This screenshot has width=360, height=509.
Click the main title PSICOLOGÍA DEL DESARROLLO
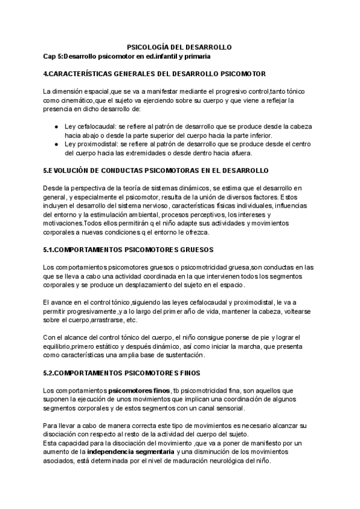tap(180, 47)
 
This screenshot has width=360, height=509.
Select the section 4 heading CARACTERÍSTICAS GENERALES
tap(155, 74)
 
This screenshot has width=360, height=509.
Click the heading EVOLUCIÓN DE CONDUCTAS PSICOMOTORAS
tap(156, 171)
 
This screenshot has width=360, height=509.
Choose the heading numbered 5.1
tap(128, 249)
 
